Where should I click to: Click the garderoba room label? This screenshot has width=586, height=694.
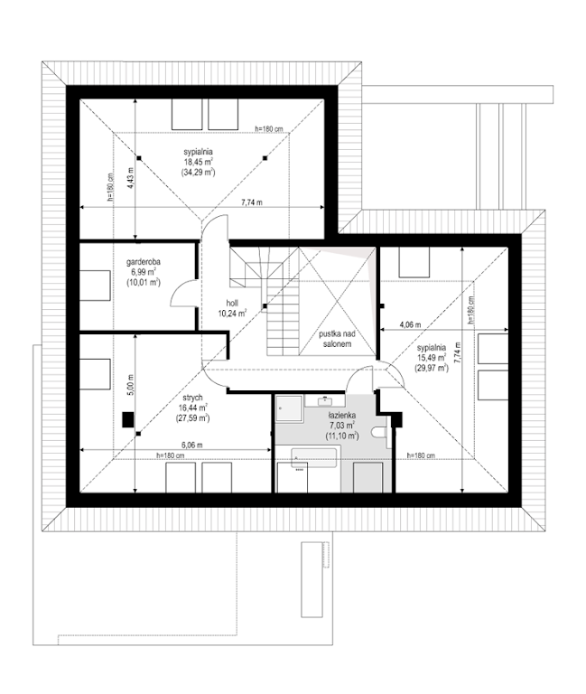(144, 262)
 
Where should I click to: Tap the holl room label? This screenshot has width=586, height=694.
(232, 304)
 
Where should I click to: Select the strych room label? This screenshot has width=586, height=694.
(193, 398)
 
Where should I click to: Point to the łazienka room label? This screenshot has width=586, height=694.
(342, 416)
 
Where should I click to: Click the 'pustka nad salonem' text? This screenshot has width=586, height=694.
(337, 339)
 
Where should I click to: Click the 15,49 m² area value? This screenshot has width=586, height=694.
(432, 358)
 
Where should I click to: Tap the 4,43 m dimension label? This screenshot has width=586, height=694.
(130, 178)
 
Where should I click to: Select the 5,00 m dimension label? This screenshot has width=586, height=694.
(130, 385)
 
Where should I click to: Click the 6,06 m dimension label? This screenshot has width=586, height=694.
(191, 445)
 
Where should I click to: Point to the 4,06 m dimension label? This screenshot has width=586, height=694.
(410, 324)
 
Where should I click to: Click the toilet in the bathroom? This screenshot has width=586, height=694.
(379, 432)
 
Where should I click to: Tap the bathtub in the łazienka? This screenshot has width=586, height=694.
(313, 457)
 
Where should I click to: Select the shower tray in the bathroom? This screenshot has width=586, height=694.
(289, 408)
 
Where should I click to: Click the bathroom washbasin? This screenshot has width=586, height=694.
(325, 401)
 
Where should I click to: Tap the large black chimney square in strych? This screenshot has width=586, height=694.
(128, 419)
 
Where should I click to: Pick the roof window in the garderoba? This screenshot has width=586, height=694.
(95, 286)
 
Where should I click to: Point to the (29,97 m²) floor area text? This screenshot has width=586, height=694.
(432, 368)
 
